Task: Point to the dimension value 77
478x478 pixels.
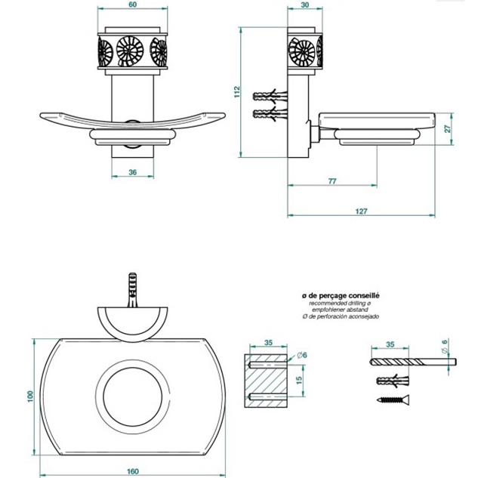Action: [332, 181]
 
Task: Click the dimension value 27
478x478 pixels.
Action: [446, 129]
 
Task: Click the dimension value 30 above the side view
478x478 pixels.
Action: [304, 5]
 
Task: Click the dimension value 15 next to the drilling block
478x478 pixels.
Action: [298, 380]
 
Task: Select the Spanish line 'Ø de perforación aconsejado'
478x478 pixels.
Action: [342, 316]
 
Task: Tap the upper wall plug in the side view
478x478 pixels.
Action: [270, 96]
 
